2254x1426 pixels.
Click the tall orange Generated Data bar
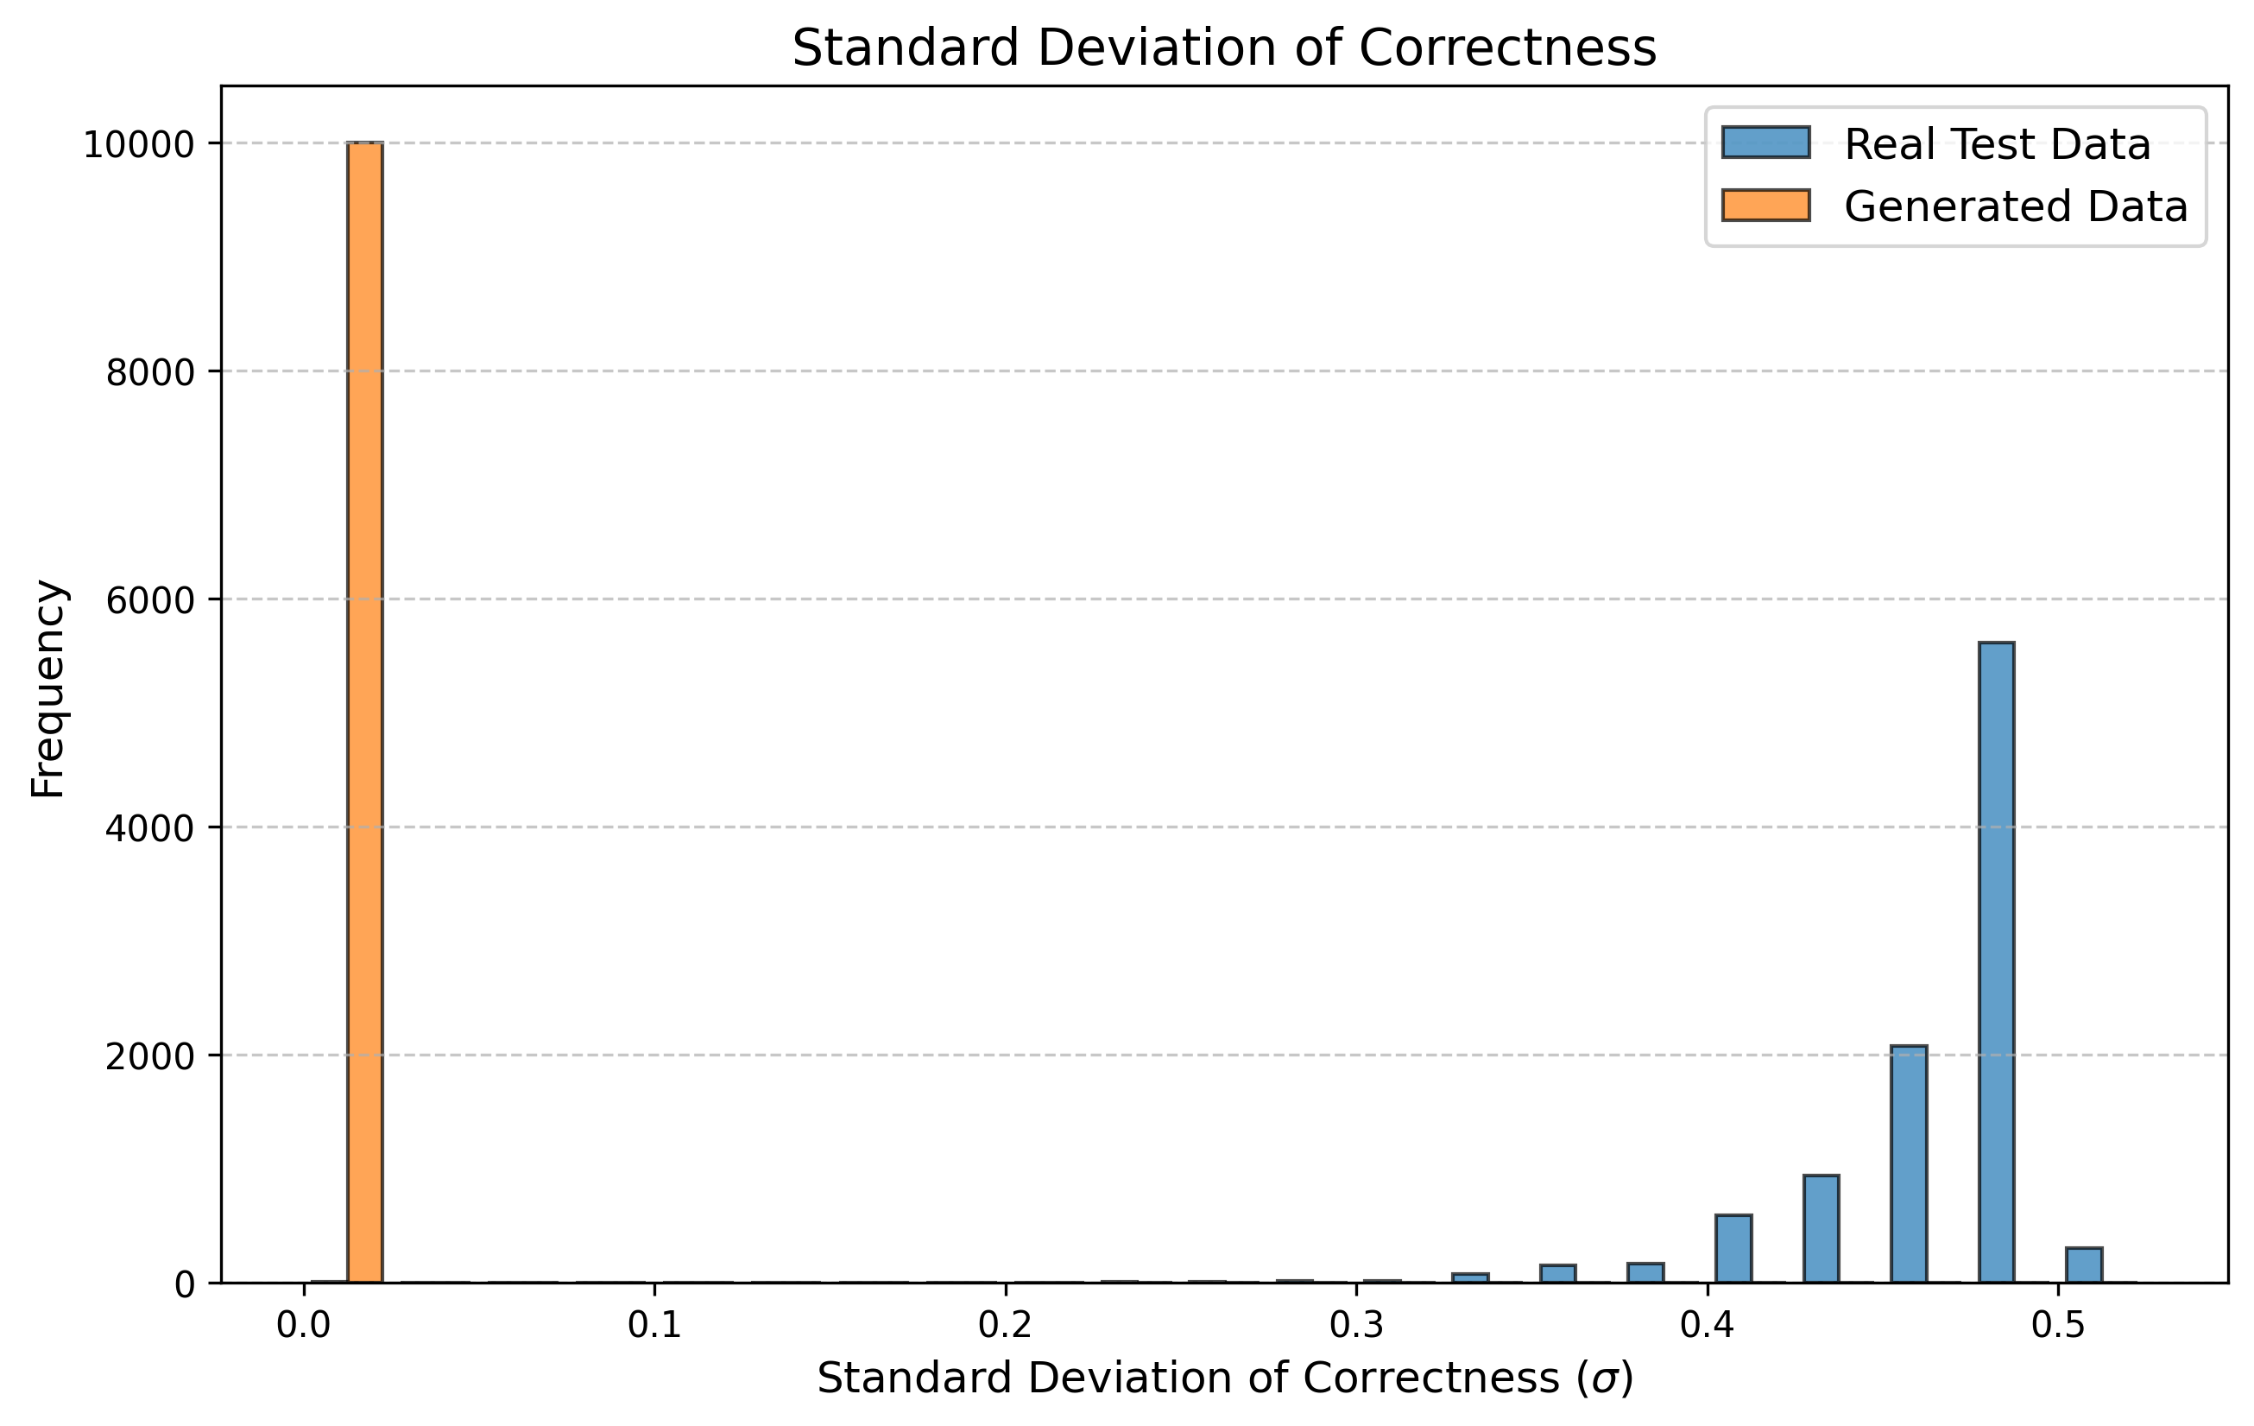pyautogui.click(x=364, y=712)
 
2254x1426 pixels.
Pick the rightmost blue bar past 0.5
pyautogui.click(x=2085, y=1265)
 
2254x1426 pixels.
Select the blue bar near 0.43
pyautogui.click(x=1822, y=1228)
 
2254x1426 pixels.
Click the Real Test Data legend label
pyautogui.click(x=1998, y=145)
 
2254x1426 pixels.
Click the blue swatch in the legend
pyautogui.click(x=1765, y=143)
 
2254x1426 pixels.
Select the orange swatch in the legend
pyautogui.click(x=1765, y=205)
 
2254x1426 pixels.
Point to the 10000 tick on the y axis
pyautogui.click(x=137, y=145)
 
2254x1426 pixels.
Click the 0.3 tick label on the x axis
pyautogui.click(x=1355, y=1328)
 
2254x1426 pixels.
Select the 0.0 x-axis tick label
pyautogui.click(x=303, y=1328)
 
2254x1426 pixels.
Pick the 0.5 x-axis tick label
pyautogui.click(x=2056, y=1328)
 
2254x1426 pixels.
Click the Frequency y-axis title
pyautogui.click(x=47, y=688)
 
